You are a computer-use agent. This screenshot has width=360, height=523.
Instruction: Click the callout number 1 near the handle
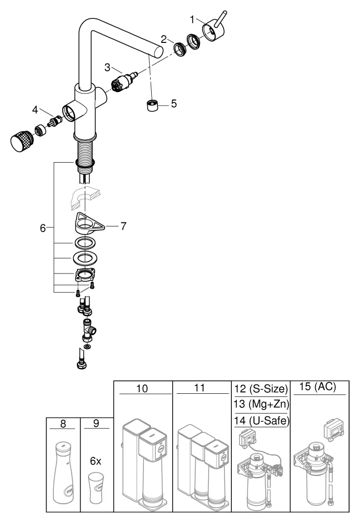point(192,20)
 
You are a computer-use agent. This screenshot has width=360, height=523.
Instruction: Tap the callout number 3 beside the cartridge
point(107,67)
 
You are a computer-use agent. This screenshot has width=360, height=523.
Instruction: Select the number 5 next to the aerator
point(174,104)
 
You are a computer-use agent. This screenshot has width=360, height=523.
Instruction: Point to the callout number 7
point(123,226)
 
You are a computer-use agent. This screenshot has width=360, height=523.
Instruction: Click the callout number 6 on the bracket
point(43,228)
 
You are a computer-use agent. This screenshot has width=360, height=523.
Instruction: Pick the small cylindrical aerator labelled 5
point(152,106)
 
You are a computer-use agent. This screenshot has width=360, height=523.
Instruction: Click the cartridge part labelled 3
point(124,82)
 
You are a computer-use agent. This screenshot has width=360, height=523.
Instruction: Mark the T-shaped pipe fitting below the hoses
point(89,330)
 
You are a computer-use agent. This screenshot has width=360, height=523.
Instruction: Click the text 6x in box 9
point(96,461)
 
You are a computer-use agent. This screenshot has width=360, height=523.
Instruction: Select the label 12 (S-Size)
point(261,389)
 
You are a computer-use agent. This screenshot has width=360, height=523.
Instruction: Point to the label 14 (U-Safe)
point(261,420)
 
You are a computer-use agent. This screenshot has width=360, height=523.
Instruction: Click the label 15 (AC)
point(318,386)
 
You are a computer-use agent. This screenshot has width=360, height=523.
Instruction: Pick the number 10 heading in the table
point(142,388)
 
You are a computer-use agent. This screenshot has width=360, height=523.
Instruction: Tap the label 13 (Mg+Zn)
point(261,404)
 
